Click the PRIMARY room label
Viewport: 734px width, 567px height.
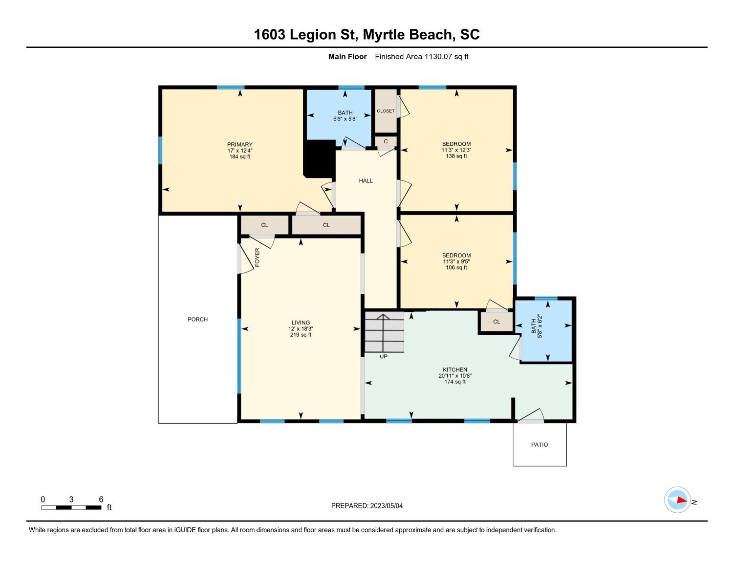point(240,144)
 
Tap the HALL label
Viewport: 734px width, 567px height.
point(366,181)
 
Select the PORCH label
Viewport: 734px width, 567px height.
point(198,320)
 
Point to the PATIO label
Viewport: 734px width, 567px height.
point(539,445)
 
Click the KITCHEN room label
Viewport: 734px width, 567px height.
point(455,370)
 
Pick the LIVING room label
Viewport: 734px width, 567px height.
point(301,323)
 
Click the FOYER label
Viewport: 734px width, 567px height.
point(258,257)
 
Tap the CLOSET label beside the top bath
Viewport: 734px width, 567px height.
point(385,111)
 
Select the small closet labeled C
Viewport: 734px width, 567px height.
point(386,141)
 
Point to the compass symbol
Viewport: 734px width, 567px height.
point(677,500)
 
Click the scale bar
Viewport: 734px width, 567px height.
point(71,507)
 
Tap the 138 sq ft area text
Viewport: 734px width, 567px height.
point(456,156)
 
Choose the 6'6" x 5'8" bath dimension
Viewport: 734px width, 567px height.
point(345,119)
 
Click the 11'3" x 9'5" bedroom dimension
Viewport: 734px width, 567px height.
point(456,261)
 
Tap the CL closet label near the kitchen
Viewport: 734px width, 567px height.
point(497,322)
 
